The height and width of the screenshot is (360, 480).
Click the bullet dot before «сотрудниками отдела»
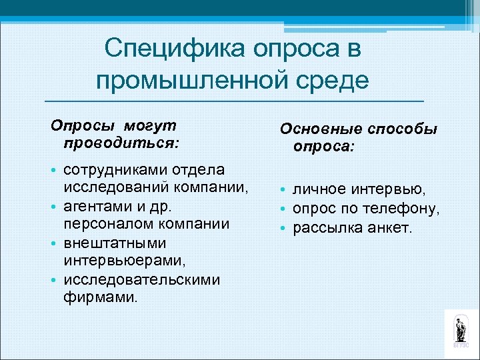(x=55, y=171)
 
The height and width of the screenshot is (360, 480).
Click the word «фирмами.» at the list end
(x=101, y=297)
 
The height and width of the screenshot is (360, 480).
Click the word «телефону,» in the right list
(x=407, y=209)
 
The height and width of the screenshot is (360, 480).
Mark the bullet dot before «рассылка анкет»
(x=283, y=229)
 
